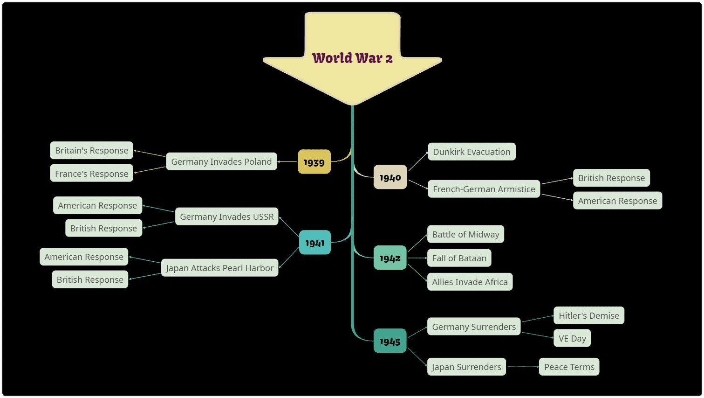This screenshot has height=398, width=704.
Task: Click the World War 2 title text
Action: point(352,58)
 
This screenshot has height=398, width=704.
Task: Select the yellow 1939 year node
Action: point(314,162)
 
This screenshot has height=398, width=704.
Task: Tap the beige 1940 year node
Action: point(390,177)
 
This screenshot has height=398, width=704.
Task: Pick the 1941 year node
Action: point(315,242)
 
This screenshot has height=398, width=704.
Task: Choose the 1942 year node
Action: point(390,258)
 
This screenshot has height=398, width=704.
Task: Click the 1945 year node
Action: point(390,341)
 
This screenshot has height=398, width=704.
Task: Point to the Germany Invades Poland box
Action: point(222,161)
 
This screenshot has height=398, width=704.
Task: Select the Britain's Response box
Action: point(91,150)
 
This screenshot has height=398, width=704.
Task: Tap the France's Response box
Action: point(91,173)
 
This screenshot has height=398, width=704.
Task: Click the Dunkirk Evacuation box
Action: point(472,152)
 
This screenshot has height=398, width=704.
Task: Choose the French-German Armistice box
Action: point(484,189)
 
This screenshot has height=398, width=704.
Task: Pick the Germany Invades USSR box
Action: point(226,216)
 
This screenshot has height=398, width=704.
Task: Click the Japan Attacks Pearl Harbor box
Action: point(220,268)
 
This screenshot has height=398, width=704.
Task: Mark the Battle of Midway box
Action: point(466,234)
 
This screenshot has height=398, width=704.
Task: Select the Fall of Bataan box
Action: point(459,258)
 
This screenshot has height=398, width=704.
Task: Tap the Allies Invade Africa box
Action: point(470,282)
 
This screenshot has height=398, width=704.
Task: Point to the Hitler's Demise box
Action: point(589,315)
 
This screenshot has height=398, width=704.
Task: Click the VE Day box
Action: point(572,338)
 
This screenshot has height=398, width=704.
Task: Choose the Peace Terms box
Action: point(569,367)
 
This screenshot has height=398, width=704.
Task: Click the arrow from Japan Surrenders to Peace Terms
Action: point(523,367)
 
